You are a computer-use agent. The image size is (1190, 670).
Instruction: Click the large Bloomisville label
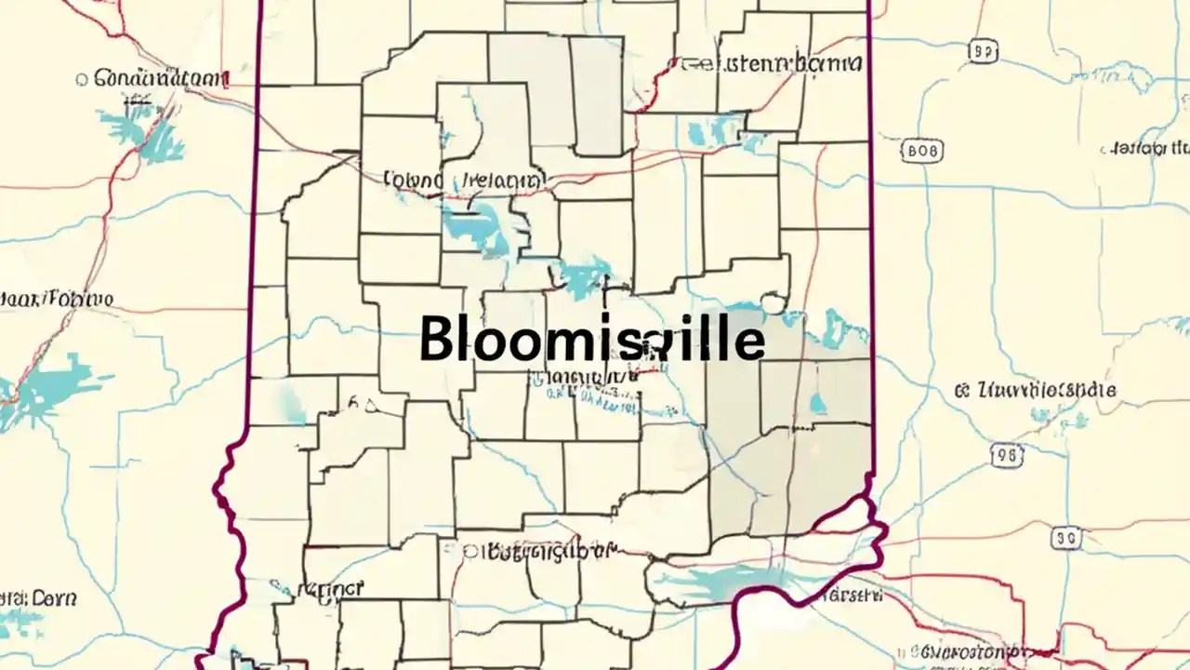pyautogui.click(x=591, y=341)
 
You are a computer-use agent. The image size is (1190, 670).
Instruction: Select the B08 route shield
pyautogui.click(x=921, y=150)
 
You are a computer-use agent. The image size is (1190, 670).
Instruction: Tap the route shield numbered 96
pyautogui.click(x=1007, y=455)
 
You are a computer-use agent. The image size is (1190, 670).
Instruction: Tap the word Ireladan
pyautogui.click(x=499, y=180)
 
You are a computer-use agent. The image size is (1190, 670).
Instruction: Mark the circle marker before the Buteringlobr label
pyautogui.click(x=471, y=552)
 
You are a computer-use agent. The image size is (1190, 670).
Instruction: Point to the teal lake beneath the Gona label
pyautogui.click(x=144, y=130)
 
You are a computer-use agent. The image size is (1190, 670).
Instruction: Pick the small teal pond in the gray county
pyautogui.click(x=818, y=403)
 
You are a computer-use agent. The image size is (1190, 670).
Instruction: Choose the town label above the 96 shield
pyautogui.click(x=1037, y=391)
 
